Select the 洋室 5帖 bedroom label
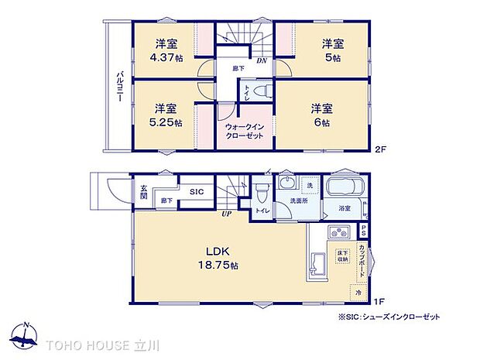pyautogui.click(x=333, y=50)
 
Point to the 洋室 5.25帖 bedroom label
pyautogui.click(x=167, y=115)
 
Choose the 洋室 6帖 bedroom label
pyautogui.click(x=323, y=115)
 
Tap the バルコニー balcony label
pyautogui.click(x=121, y=85)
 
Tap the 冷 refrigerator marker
pyautogui.click(x=358, y=292)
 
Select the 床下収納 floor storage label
pyautogui.click(x=341, y=257)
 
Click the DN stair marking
pyautogui.click(x=263, y=59)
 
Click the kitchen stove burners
pyautogui.click(x=339, y=231)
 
